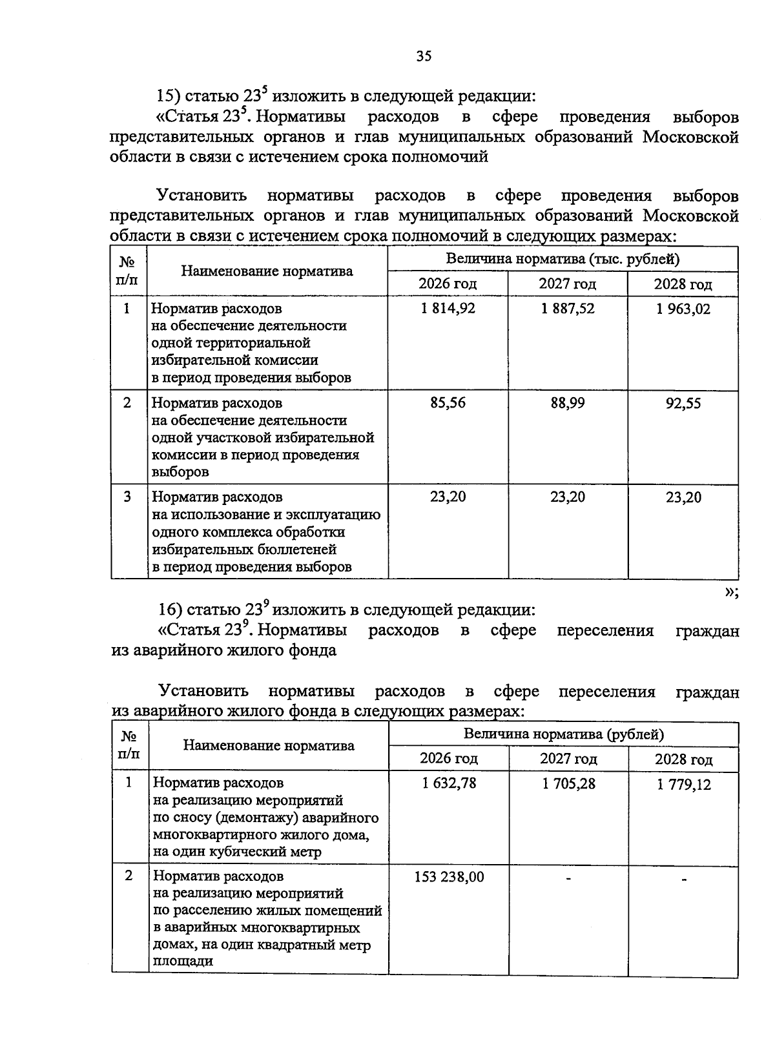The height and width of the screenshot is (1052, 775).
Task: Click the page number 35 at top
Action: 423,56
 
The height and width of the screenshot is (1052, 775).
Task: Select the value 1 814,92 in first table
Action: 448,309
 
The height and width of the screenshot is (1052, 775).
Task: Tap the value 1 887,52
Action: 568,309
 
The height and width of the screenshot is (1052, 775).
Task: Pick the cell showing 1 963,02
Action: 683,309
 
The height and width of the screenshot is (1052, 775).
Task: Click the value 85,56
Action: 448,403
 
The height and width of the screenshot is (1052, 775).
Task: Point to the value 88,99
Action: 568,403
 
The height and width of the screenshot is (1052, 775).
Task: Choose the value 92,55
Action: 683,404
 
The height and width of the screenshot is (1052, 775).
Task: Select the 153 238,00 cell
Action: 449,877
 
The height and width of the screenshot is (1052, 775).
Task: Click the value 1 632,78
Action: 449,783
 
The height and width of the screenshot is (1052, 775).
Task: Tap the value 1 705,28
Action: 569,784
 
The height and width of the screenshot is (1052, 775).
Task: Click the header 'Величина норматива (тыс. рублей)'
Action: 563,259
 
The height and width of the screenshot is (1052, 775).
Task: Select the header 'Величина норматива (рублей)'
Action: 563,734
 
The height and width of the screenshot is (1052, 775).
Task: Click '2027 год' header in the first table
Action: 568,284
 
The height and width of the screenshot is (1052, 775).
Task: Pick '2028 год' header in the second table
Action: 684,759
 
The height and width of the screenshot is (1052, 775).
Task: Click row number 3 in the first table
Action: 128,497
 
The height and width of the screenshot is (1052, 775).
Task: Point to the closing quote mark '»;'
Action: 731,593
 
